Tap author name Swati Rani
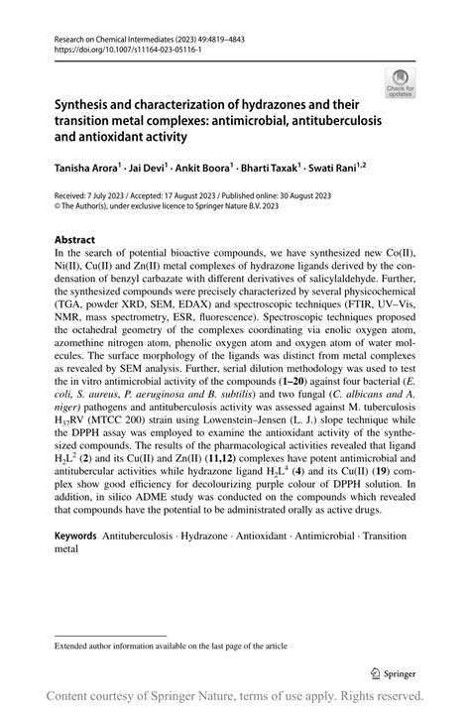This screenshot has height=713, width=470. click(x=334, y=169)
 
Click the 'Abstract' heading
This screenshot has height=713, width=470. click(x=74, y=240)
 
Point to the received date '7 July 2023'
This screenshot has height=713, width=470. click(x=106, y=198)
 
